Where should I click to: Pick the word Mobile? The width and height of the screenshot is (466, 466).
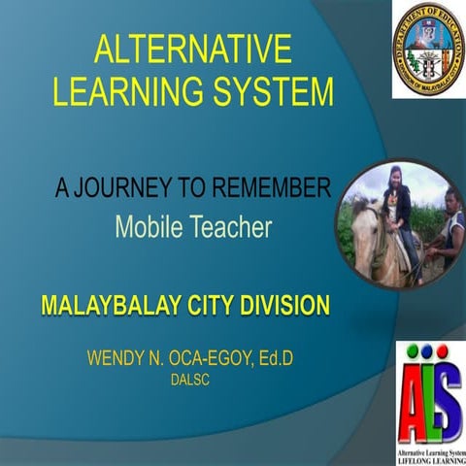pyautogui.click(x=149, y=228)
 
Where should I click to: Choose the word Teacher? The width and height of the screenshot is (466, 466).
pyautogui.click(x=233, y=228)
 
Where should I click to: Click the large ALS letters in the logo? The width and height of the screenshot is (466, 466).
pyautogui.click(x=427, y=388)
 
